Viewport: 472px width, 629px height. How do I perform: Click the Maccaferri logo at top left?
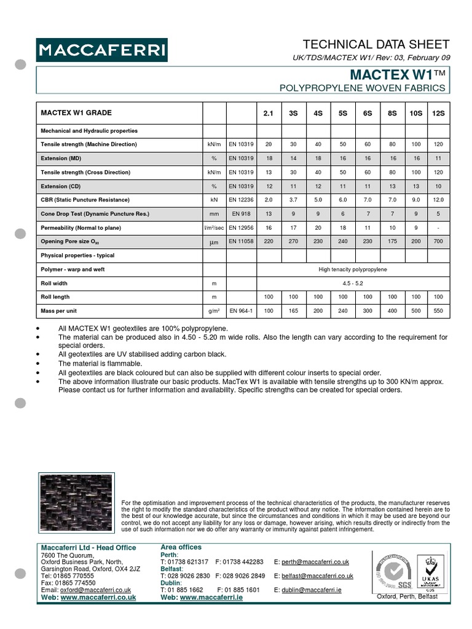pos(101,50)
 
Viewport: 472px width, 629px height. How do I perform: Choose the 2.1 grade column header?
pos(268,114)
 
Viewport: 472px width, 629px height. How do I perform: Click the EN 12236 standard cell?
pos(241,200)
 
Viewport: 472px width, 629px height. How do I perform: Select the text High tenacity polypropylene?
pos(353,270)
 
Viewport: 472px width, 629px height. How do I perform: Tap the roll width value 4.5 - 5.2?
pos(353,284)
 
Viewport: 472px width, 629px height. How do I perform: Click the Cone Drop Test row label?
pos(95,214)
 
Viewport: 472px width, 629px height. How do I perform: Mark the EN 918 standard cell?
pos(241,214)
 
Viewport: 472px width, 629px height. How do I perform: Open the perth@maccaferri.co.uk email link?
pos(315,562)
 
